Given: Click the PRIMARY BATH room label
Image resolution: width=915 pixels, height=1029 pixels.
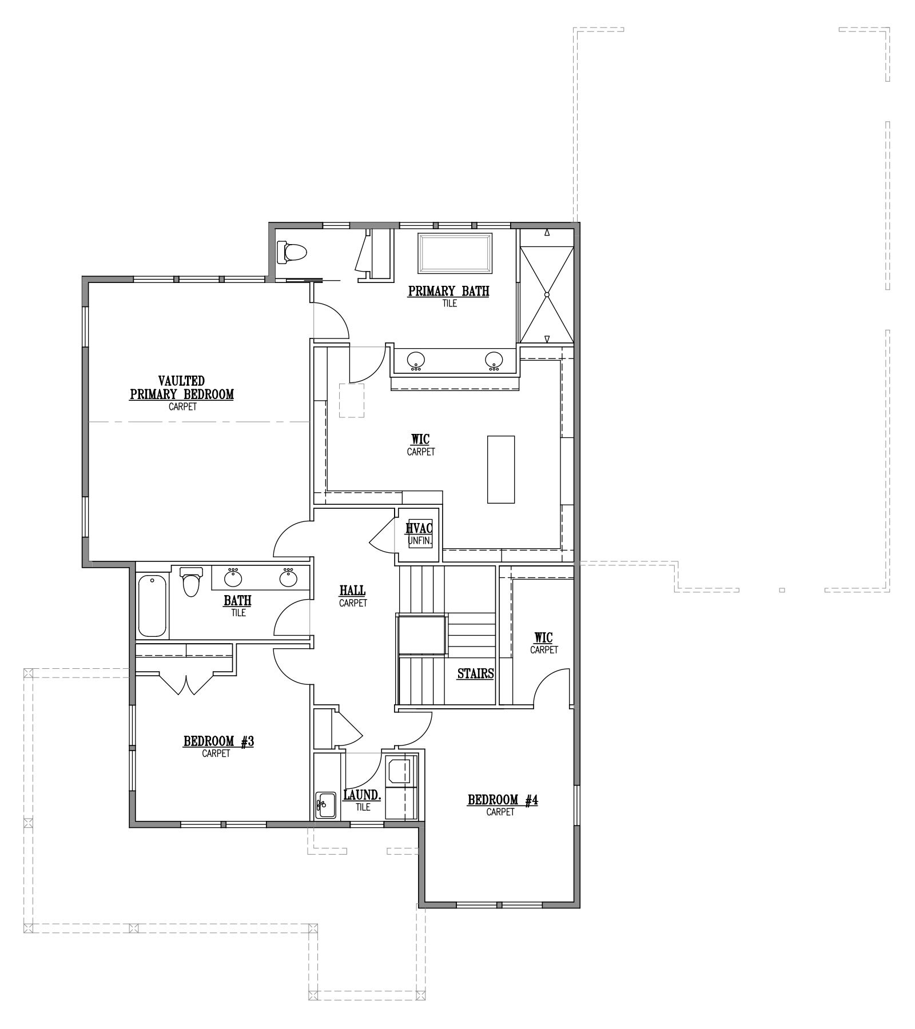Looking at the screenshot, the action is (448, 291).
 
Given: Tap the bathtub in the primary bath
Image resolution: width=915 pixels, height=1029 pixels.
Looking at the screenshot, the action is (455, 254).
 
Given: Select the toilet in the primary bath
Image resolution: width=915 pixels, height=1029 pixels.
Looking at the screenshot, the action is (291, 251).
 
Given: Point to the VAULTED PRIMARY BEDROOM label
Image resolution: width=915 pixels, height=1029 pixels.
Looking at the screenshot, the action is (181, 388).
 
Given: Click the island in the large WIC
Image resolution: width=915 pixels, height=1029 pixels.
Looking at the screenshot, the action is (500, 469).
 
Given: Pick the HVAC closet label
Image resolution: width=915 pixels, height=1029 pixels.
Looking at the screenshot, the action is (419, 528).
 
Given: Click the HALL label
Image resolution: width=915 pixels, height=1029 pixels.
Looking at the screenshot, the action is (352, 591).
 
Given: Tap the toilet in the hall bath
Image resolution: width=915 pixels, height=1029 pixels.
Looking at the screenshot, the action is (192, 581).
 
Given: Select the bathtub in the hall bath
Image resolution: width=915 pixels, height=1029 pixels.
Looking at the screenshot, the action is (152, 607).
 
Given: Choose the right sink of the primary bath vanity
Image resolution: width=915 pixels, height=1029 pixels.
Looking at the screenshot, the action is (494, 360).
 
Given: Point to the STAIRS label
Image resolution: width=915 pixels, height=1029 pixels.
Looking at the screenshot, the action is (475, 673).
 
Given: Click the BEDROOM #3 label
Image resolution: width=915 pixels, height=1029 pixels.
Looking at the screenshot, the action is (218, 741).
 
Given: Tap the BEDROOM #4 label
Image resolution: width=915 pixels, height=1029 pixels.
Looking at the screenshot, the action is (503, 800).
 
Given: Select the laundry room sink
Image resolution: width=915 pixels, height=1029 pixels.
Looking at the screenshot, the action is (326, 806).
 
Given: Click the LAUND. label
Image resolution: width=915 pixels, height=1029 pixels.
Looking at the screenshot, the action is (362, 795).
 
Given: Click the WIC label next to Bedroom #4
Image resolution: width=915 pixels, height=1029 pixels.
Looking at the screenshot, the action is (543, 637).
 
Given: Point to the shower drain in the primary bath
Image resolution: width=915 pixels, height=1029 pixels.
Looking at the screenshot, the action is (547, 294).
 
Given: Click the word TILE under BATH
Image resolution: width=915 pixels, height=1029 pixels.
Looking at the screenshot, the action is (238, 613).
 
